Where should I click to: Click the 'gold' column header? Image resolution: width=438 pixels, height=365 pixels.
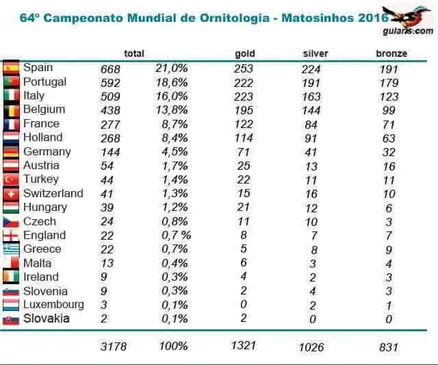click(x=245, y=53)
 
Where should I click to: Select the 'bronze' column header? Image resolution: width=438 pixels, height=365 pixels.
click(x=391, y=53)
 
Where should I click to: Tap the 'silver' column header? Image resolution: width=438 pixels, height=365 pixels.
click(x=315, y=53)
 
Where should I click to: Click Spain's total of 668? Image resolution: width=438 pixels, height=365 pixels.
click(x=110, y=69)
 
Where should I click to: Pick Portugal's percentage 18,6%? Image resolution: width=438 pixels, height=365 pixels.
click(x=172, y=83)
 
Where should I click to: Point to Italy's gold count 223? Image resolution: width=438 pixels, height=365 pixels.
click(x=244, y=97)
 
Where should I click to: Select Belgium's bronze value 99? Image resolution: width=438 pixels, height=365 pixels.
click(x=389, y=110)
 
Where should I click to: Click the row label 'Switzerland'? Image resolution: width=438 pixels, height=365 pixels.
click(x=53, y=193)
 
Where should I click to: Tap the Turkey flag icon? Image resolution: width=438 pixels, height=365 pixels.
click(x=11, y=179)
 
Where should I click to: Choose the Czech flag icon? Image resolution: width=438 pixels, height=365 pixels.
click(x=11, y=222)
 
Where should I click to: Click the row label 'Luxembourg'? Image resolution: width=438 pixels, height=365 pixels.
click(x=53, y=304)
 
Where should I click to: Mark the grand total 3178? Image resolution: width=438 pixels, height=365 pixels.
click(x=114, y=347)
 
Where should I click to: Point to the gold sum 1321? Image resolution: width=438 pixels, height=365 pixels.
click(x=244, y=346)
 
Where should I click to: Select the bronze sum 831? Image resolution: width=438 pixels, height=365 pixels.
click(x=389, y=347)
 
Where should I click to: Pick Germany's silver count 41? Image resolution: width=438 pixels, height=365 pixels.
click(x=311, y=152)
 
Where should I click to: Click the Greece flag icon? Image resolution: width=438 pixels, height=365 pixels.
click(x=11, y=249)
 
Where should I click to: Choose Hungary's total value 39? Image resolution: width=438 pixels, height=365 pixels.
click(x=107, y=207)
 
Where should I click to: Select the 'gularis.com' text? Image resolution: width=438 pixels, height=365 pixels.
click(x=408, y=31)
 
